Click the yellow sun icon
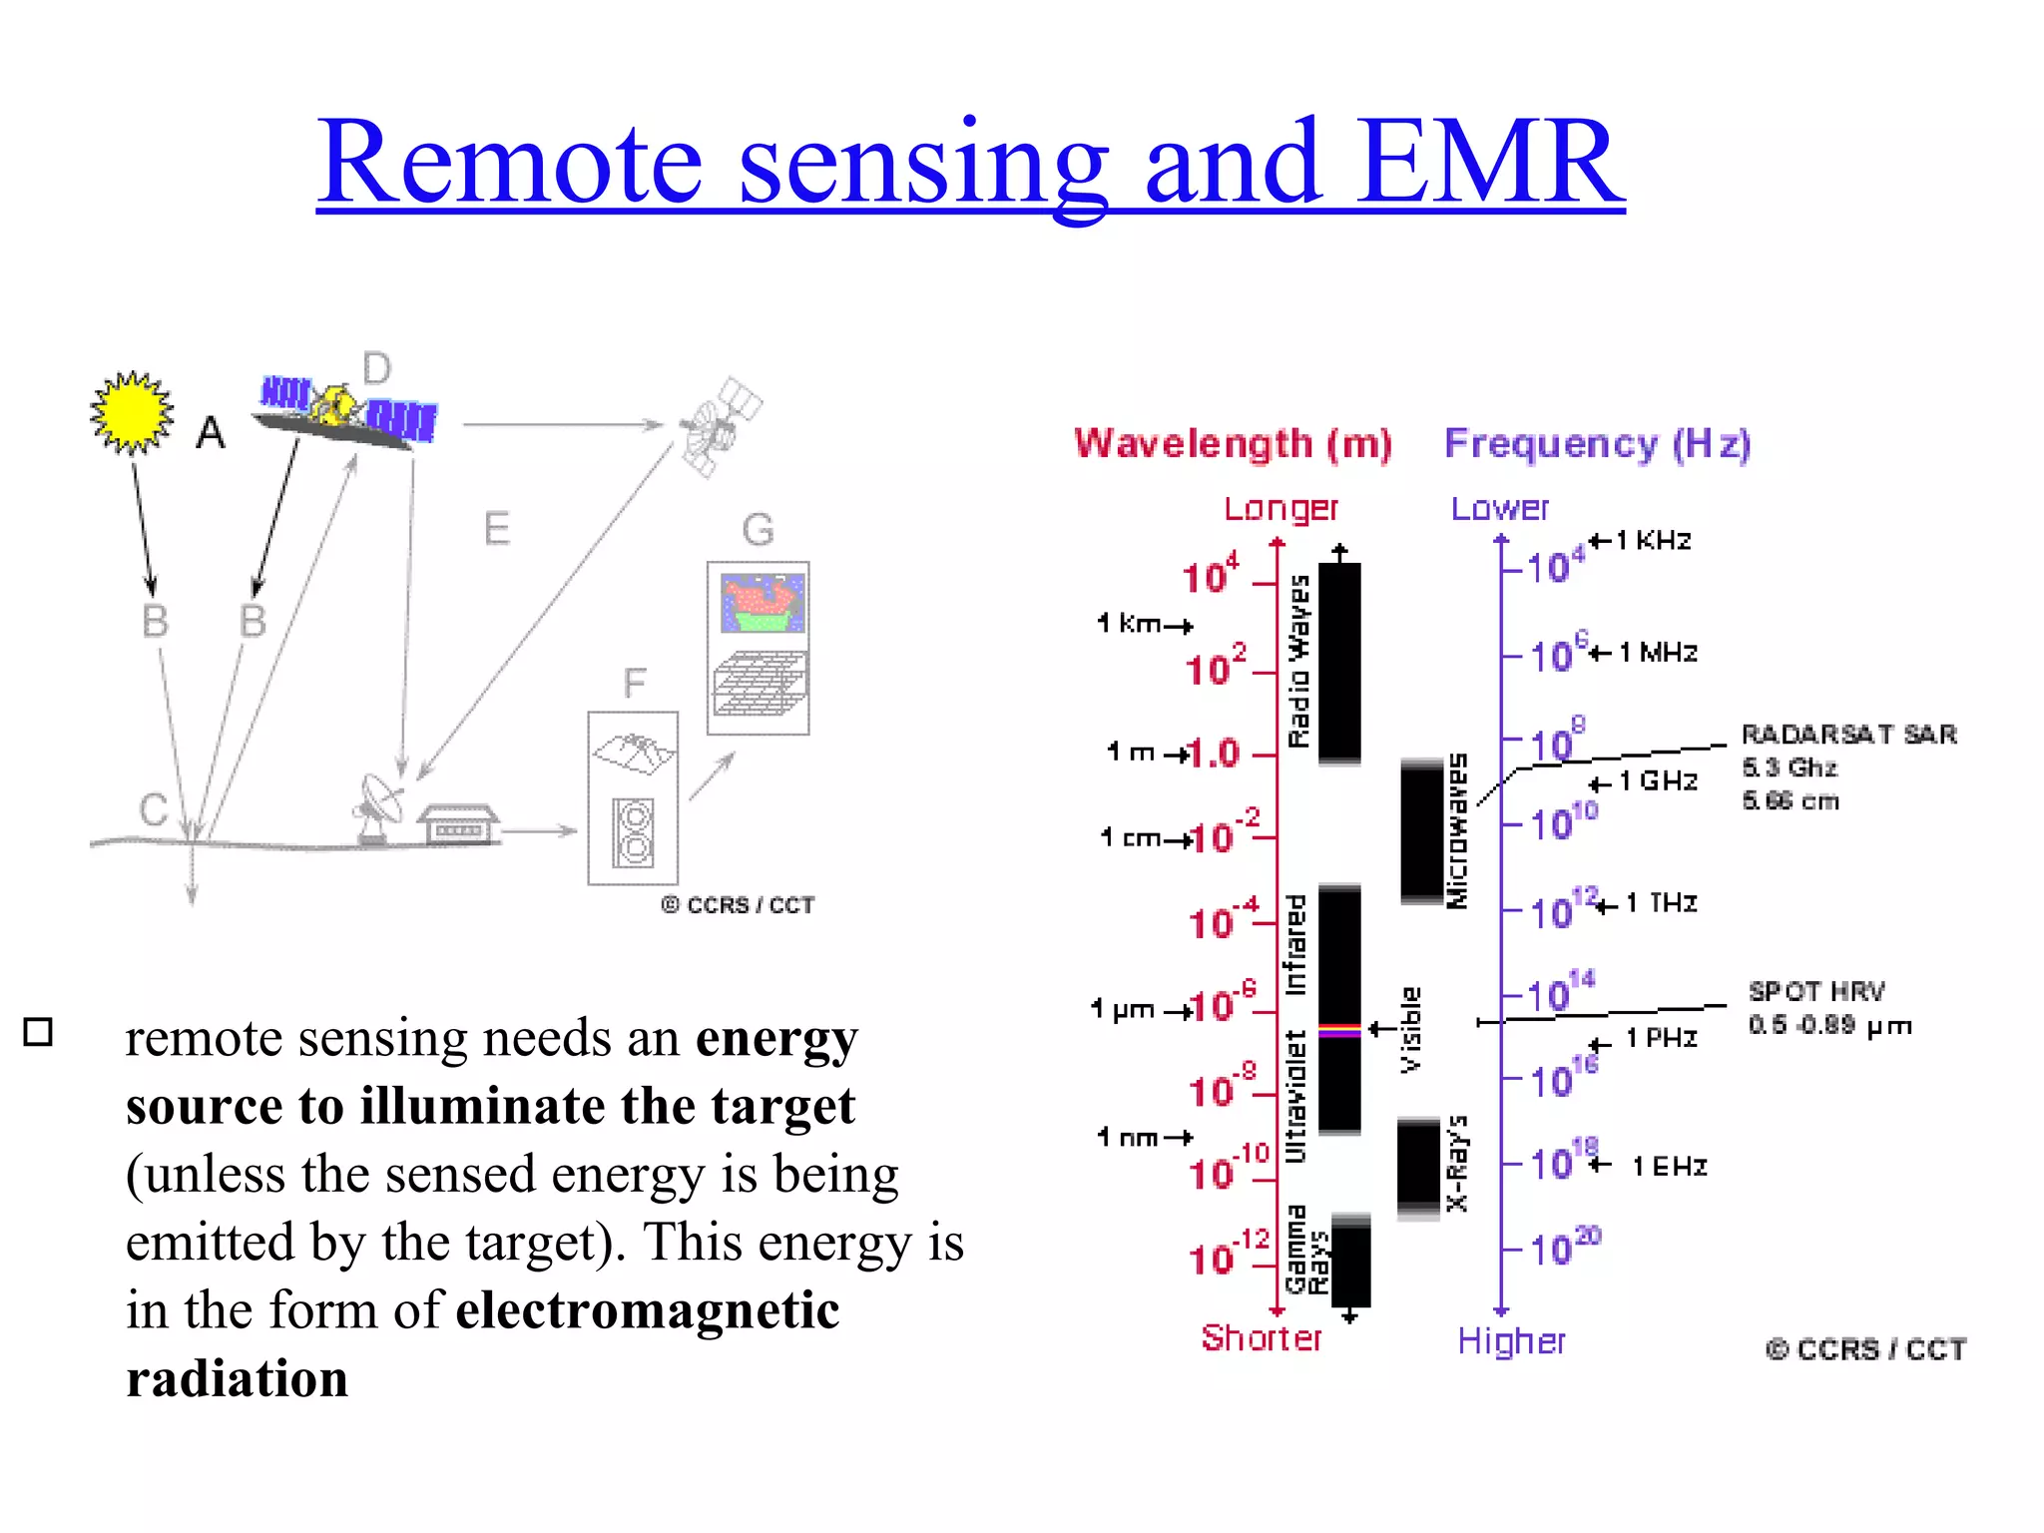[x=132, y=412]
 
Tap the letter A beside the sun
[x=211, y=433]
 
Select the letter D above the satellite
[x=376, y=369]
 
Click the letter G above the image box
[x=758, y=530]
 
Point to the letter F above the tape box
[x=635, y=684]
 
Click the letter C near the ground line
[x=153, y=809]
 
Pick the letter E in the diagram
[x=497, y=528]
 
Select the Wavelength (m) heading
[x=1233, y=443]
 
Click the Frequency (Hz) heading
[x=1597, y=443]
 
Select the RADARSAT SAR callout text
[x=1848, y=735]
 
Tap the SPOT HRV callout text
[x=1816, y=991]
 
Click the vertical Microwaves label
[x=1457, y=830]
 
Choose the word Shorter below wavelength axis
[x=1261, y=1338]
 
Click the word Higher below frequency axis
[x=1511, y=1341]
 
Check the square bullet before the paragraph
[x=38, y=1031]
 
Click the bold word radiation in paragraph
[x=238, y=1379]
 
